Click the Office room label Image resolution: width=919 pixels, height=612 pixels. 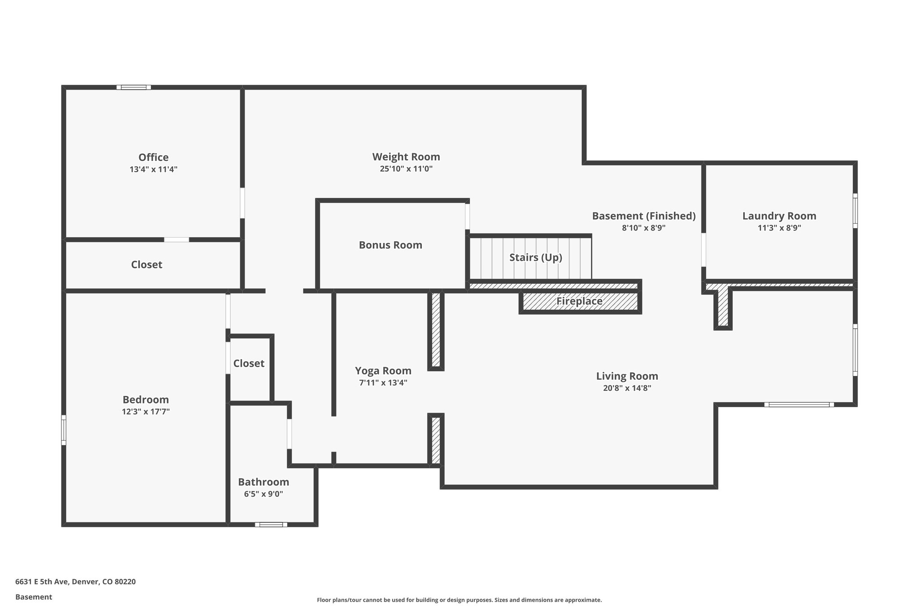coord(153,157)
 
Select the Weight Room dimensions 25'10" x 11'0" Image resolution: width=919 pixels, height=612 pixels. coord(406,169)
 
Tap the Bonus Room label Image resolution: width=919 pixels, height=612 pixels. coord(390,245)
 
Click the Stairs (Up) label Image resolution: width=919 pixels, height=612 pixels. coord(535,257)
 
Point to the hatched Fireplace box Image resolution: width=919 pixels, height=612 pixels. coord(580,301)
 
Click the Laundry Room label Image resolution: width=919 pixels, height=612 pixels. coord(779,216)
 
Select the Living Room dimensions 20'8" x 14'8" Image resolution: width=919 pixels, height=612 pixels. coord(627,388)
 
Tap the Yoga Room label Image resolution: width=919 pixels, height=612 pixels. coord(383,371)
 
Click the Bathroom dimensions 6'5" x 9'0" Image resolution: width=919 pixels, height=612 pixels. coord(263,494)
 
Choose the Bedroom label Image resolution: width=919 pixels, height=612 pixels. coord(145,399)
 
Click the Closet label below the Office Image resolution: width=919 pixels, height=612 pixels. coord(146,265)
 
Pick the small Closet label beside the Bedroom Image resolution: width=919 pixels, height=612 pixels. coord(249,363)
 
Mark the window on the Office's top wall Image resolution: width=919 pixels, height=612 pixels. coord(134,87)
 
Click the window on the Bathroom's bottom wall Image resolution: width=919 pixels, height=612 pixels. coord(271,525)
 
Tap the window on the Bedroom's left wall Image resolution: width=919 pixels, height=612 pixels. coord(64,430)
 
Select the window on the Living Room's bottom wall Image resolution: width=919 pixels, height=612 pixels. coord(799,404)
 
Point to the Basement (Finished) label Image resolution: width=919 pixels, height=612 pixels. coord(643,216)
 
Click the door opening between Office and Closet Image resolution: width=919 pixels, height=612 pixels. coord(176,240)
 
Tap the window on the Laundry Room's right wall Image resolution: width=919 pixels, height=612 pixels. coord(855,211)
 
